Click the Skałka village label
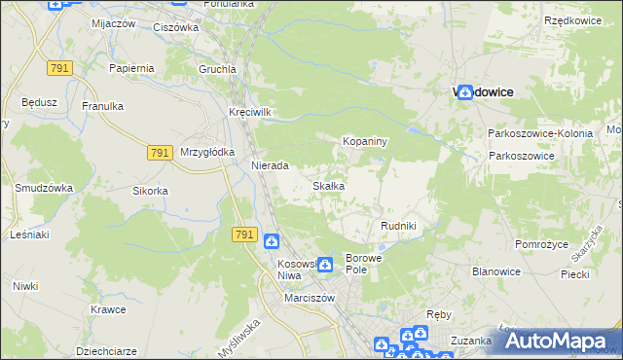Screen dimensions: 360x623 pyautogui.click(x=328, y=186)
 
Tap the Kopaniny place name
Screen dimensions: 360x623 pyautogui.click(x=365, y=142)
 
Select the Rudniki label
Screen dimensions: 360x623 pyautogui.click(x=398, y=226)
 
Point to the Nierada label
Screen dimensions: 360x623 pyautogui.click(x=270, y=166)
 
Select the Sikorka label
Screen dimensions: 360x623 pyautogui.click(x=151, y=191)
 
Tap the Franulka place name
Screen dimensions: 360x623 pyautogui.click(x=101, y=106)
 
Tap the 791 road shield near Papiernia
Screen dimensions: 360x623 pyautogui.click(x=59, y=66)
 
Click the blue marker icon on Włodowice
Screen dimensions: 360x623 pyautogui.click(x=465, y=91)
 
